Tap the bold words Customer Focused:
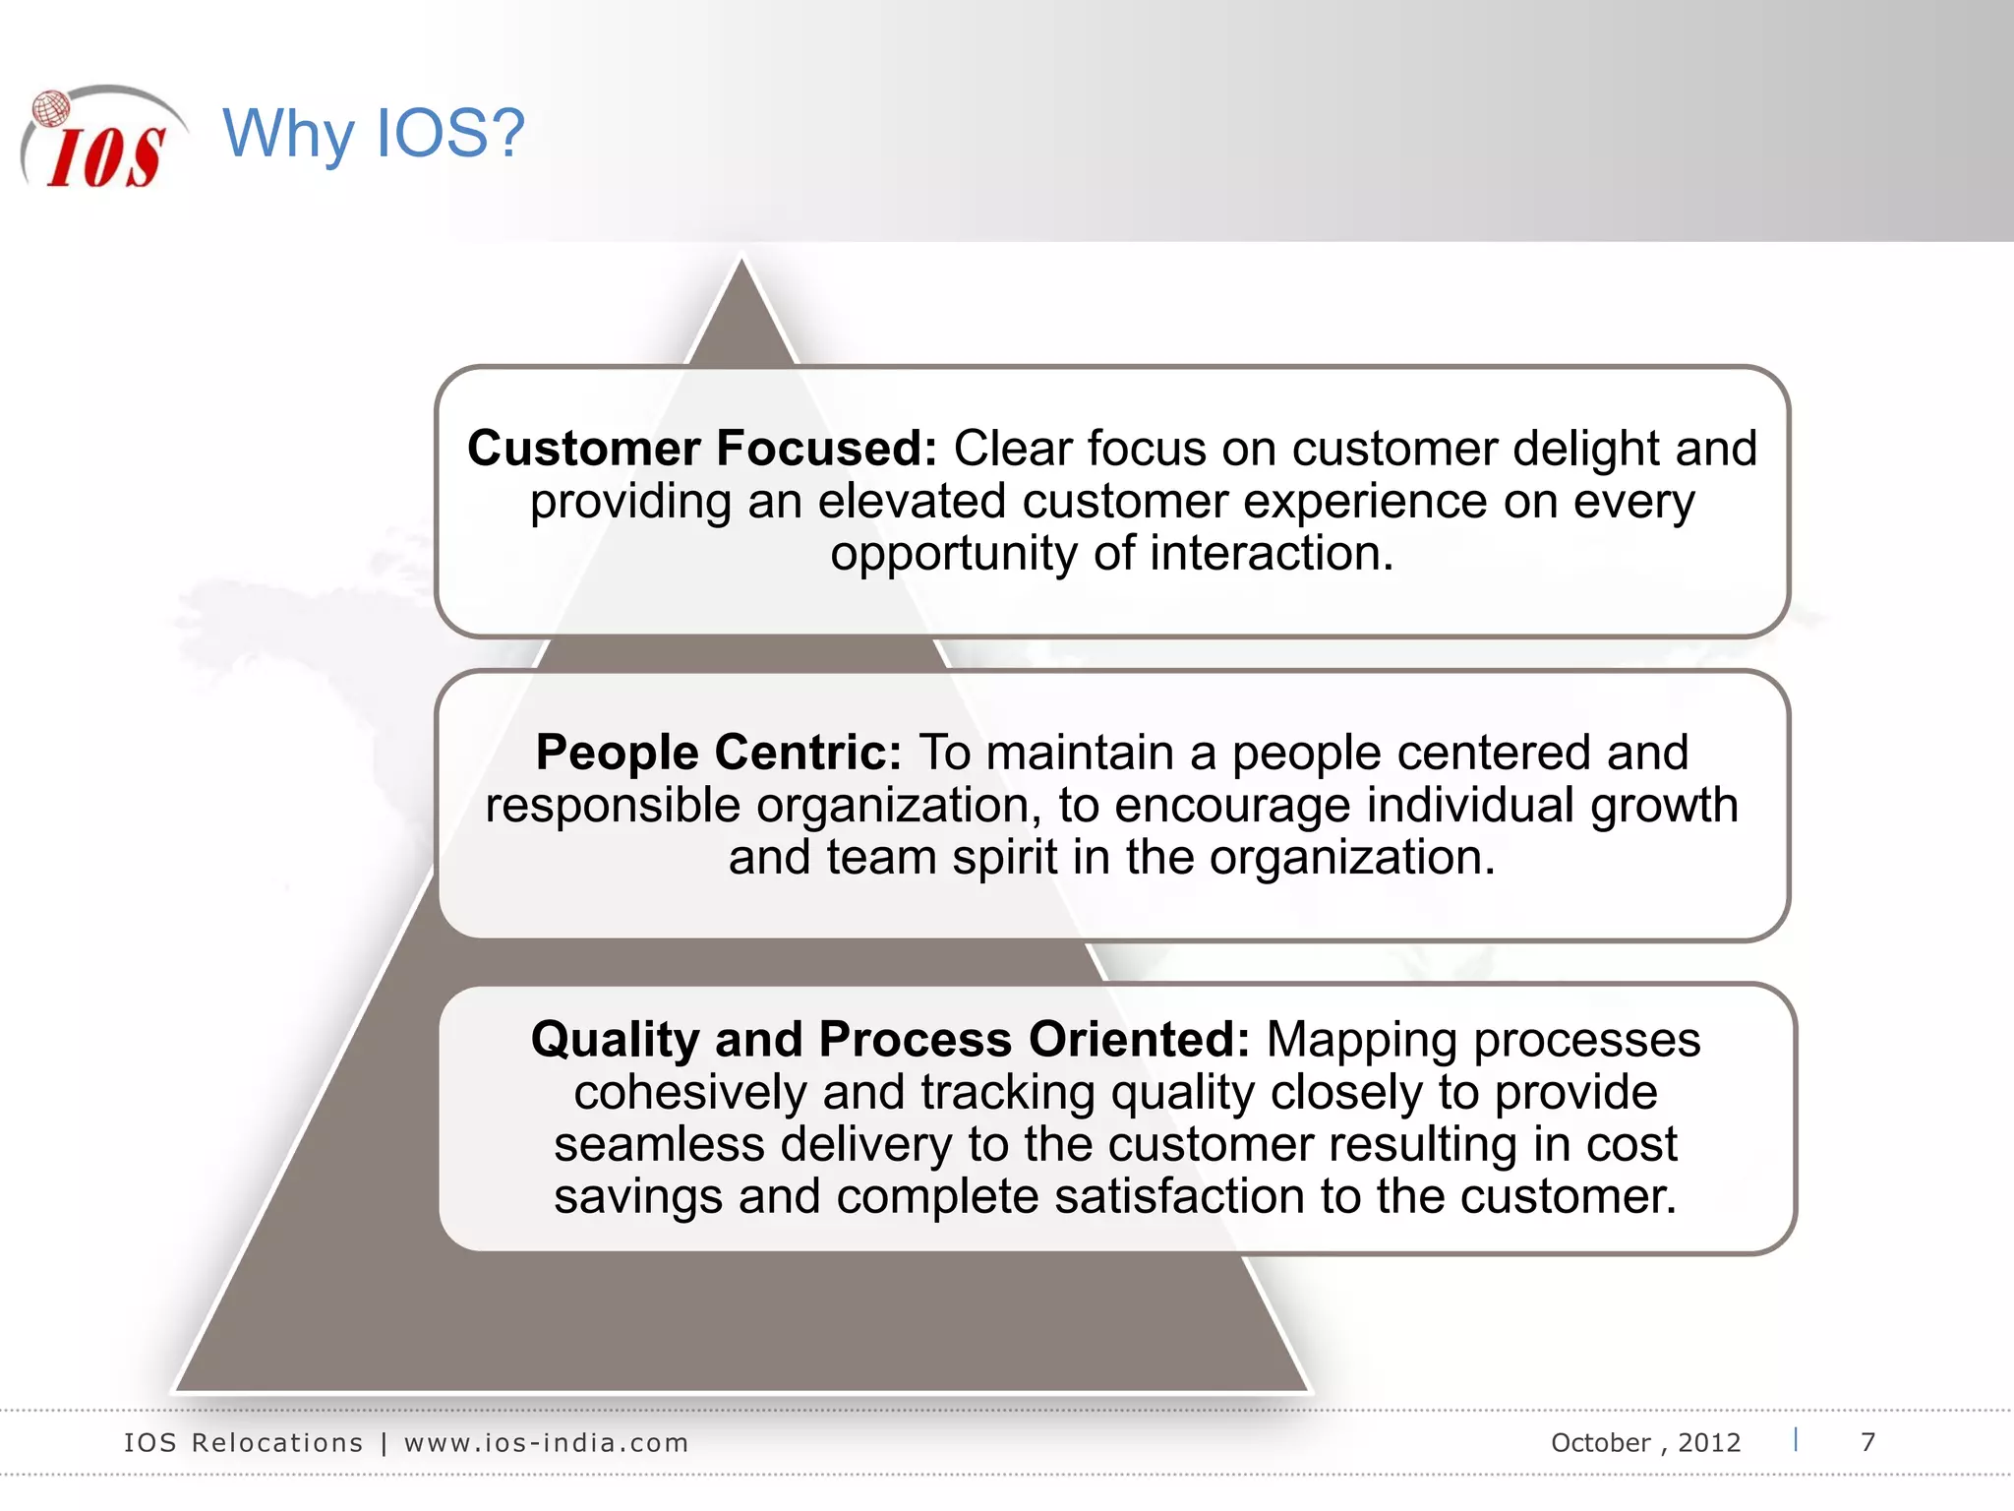point(701,449)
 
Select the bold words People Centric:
point(718,753)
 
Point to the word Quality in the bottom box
point(615,1040)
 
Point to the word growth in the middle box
point(1664,805)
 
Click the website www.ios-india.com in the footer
point(546,1443)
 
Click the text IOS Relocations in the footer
point(243,1443)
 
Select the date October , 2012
point(1645,1443)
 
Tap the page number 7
point(1867,1442)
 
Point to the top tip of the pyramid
point(742,262)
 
